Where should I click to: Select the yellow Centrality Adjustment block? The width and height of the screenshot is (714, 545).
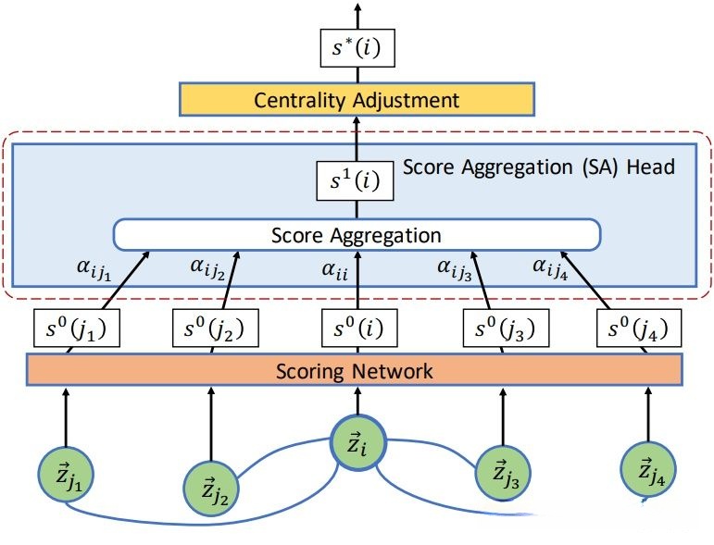click(x=357, y=100)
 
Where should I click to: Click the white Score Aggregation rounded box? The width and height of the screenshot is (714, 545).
click(x=357, y=234)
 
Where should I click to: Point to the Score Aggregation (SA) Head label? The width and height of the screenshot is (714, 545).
click(x=538, y=168)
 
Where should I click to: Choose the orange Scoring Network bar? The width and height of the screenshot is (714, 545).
click(x=356, y=371)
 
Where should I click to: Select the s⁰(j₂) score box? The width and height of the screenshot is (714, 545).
click(x=214, y=328)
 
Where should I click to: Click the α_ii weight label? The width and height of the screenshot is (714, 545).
click(x=333, y=270)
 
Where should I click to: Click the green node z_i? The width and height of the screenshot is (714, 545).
click(x=357, y=446)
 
